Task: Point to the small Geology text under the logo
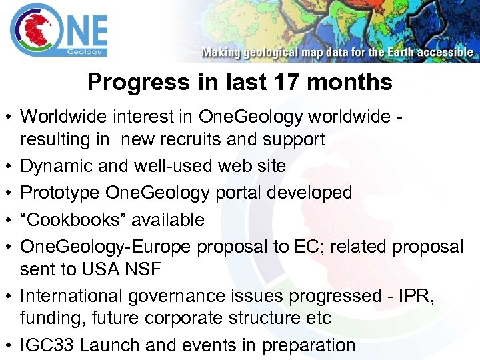click(x=85, y=51)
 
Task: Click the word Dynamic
click(x=58, y=166)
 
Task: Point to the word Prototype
click(x=60, y=193)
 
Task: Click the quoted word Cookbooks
click(x=65, y=219)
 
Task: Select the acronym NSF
click(x=143, y=269)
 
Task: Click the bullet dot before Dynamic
click(x=9, y=167)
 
